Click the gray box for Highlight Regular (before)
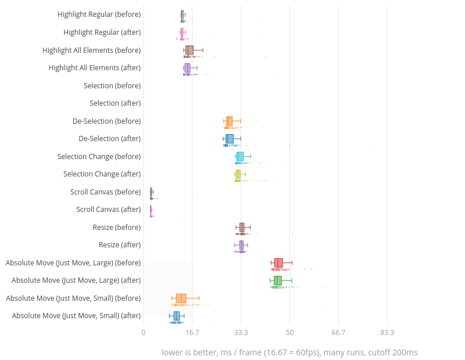pyautogui.click(x=183, y=14)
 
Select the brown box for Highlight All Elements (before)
pyautogui.click(x=189, y=50)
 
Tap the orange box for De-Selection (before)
pyautogui.click(x=230, y=121)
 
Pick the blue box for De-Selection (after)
pyautogui.click(x=230, y=139)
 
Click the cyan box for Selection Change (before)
pyautogui.click(x=240, y=156)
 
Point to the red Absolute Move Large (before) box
pyautogui.click(x=278, y=262)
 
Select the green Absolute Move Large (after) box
pyautogui.click(x=278, y=280)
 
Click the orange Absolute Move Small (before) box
pyautogui.click(x=181, y=298)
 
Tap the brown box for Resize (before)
pyautogui.click(x=242, y=227)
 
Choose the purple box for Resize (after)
pyautogui.click(x=241, y=245)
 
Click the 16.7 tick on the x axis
pyautogui.click(x=192, y=333)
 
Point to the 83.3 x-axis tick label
pyautogui.click(x=387, y=333)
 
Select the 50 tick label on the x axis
pyautogui.click(x=289, y=333)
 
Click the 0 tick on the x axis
pyautogui.click(x=144, y=333)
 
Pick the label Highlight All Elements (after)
pyautogui.click(x=95, y=68)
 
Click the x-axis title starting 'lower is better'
pyautogui.click(x=289, y=352)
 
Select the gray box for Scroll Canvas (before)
pyautogui.click(x=151, y=192)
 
